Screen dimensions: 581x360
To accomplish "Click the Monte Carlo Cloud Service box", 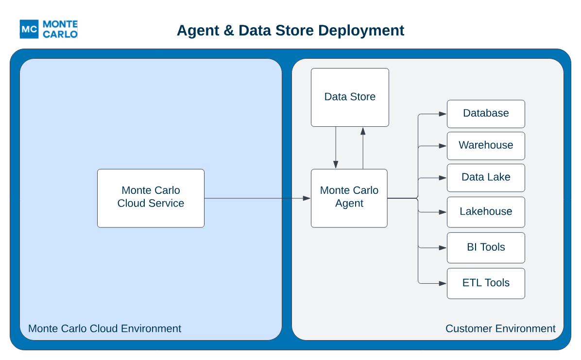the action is click(x=151, y=198).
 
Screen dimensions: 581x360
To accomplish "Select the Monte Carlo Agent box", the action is click(x=349, y=198).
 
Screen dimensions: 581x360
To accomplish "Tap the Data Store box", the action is click(x=350, y=98).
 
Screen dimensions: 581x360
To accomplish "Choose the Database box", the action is click(x=486, y=114).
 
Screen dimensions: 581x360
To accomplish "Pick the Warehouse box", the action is click(x=486, y=146).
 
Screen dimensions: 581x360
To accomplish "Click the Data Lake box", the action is click(x=486, y=178).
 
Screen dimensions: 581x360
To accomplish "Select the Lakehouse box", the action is click(x=486, y=212).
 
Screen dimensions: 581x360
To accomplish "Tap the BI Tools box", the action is click(x=486, y=248).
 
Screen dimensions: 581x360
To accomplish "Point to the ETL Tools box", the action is click(x=486, y=283).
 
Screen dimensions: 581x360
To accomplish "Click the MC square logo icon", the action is click(x=29, y=29).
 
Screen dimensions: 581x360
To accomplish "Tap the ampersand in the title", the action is click(x=229, y=31).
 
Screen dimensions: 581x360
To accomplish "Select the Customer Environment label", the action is click(x=500, y=328).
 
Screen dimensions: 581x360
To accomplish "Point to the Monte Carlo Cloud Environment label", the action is click(x=104, y=328).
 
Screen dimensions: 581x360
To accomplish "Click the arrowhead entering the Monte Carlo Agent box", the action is click(x=307, y=198).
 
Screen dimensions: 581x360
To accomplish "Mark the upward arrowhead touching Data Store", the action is click(x=363, y=131).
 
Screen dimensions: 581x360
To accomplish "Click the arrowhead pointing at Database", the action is click(x=443, y=114).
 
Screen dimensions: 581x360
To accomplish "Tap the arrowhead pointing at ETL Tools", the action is click(x=443, y=283).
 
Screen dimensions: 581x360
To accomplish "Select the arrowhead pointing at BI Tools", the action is click(x=443, y=248).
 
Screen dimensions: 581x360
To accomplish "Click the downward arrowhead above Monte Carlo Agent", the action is click(x=336, y=165).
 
